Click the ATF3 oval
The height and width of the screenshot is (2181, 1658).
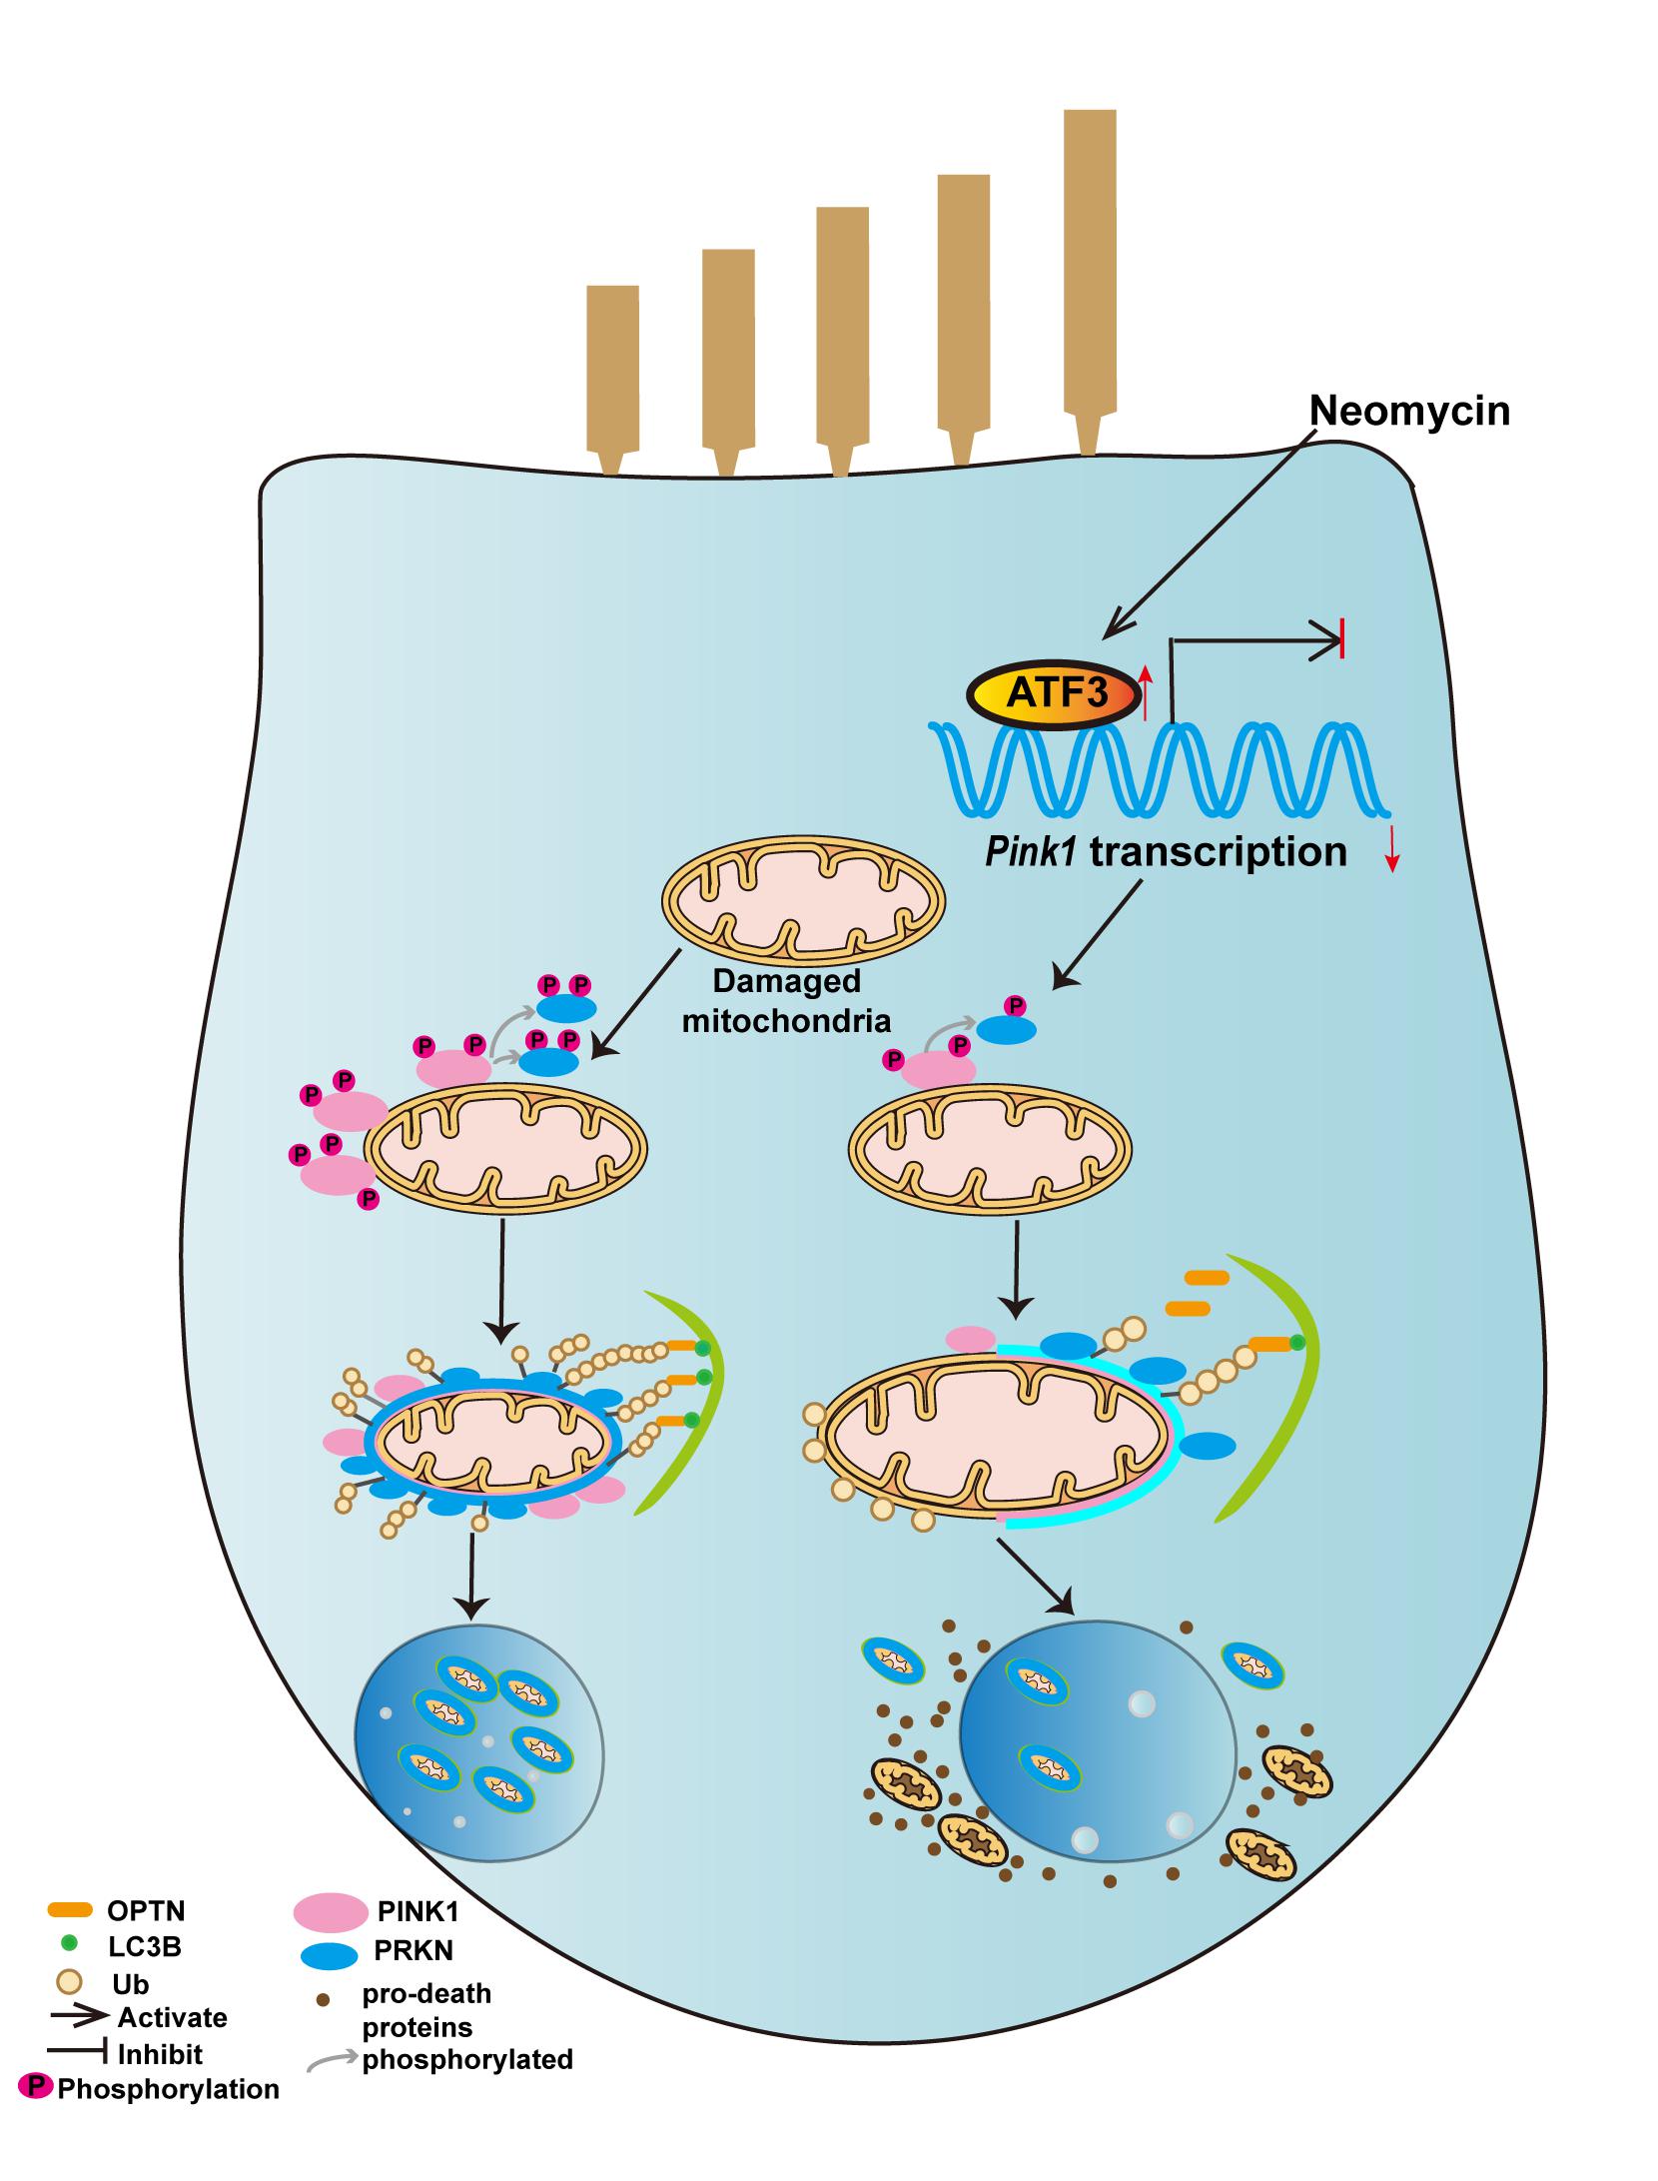pyautogui.click(x=1053, y=691)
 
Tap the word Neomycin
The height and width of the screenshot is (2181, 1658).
pyautogui.click(x=1409, y=411)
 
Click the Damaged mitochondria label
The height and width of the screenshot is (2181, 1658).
pyautogui.click(x=787, y=1000)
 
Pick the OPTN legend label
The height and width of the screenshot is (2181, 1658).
pyautogui.click(x=146, y=1912)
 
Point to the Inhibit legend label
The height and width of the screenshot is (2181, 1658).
pyautogui.click(x=160, y=2055)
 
